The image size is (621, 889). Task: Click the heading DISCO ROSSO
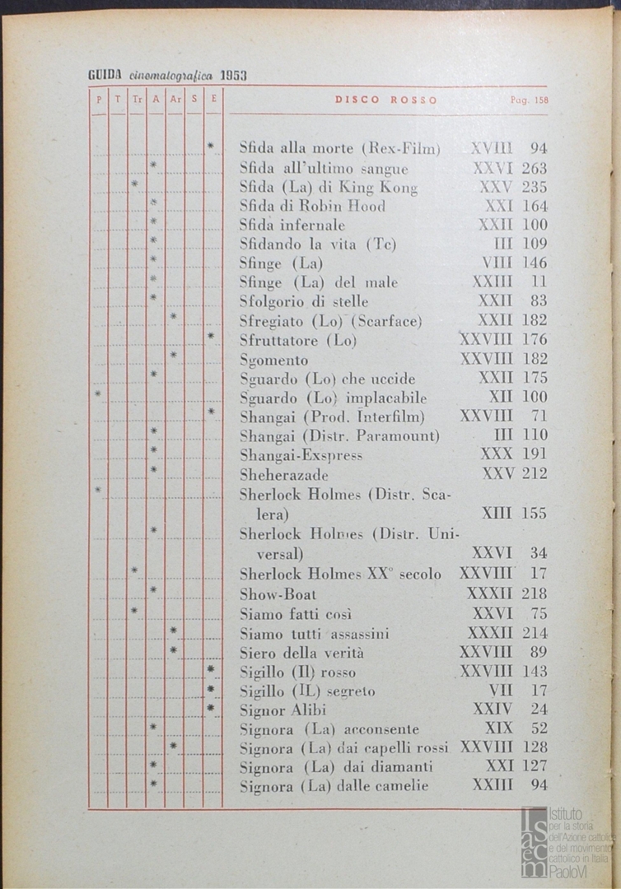click(x=385, y=100)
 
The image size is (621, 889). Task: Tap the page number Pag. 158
click(x=529, y=100)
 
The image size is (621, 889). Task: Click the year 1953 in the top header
click(x=234, y=76)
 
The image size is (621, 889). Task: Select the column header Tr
click(x=137, y=100)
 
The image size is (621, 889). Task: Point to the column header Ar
click(x=175, y=100)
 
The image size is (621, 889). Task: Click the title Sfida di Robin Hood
click(x=312, y=206)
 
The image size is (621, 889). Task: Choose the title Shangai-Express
click(x=301, y=454)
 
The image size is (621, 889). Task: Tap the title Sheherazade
click(x=284, y=474)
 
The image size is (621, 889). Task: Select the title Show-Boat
click(x=278, y=593)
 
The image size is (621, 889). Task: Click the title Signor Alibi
click(x=282, y=710)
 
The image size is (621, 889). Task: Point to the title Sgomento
click(x=274, y=360)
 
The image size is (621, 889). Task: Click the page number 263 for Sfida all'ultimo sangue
click(x=535, y=169)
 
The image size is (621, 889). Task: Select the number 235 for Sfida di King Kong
click(x=535, y=188)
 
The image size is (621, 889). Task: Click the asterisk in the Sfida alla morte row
click(x=211, y=147)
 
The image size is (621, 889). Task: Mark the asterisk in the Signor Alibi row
click(x=211, y=707)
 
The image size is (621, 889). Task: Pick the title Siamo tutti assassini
click(x=314, y=633)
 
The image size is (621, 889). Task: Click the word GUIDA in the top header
click(x=104, y=76)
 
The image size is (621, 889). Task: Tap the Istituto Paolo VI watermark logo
click(x=567, y=841)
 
